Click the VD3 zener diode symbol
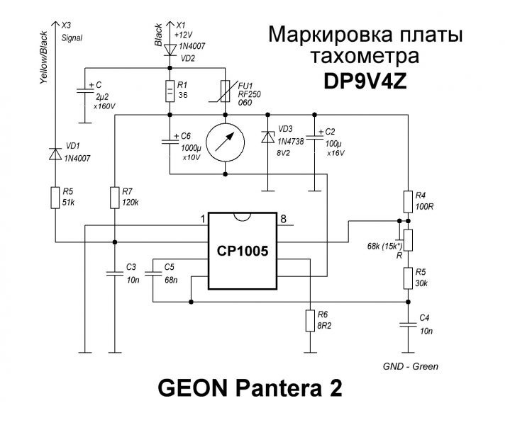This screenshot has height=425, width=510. pyautogui.click(x=267, y=138)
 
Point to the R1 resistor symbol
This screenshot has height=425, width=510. pyautogui.click(x=170, y=91)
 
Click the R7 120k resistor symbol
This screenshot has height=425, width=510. pyautogui.click(x=114, y=197)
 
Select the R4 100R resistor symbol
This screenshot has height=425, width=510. pyautogui.click(x=408, y=200)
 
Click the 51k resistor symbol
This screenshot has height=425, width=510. pyautogui.click(x=55, y=197)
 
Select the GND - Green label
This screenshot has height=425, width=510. pyautogui.click(x=409, y=366)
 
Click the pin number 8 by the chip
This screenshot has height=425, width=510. pyautogui.click(x=283, y=218)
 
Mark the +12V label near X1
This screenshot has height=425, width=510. pyautogui.click(x=184, y=33)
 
